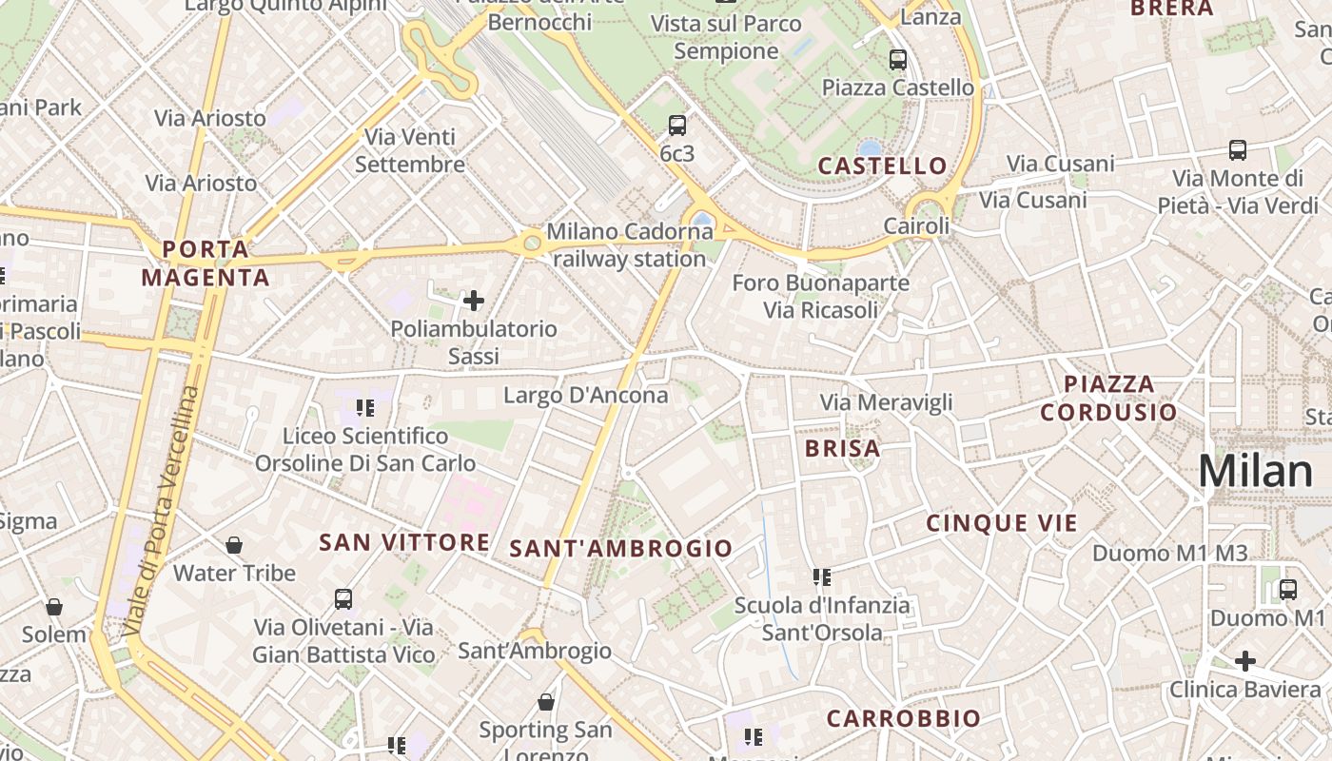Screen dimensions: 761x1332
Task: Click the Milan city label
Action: click(1255, 471)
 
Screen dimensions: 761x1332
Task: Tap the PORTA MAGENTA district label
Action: click(206, 263)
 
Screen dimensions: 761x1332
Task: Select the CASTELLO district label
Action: click(883, 166)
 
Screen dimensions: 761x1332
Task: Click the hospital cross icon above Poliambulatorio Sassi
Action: click(473, 302)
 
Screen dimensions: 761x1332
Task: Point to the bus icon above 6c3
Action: click(677, 125)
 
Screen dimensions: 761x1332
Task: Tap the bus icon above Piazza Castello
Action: click(897, 60)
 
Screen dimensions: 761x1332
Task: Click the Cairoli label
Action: click(916, 226)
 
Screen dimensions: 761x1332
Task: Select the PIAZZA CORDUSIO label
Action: click(1108, 398)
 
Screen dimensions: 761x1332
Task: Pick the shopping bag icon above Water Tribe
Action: click(234, 545)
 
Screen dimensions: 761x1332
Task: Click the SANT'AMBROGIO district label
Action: click(621, 548)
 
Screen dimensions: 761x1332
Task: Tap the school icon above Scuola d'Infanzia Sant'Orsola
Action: click(822, 576)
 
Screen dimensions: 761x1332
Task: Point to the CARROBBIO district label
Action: click(903, 718)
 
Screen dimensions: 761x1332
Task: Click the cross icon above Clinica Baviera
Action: click(1244, 660)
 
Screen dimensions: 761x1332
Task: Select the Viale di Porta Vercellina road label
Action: click(164, 512)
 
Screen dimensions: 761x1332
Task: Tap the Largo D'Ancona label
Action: click(586, 395)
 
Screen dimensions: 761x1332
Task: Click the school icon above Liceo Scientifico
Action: click(365, 408)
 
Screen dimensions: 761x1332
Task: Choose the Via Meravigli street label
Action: click(886, 402)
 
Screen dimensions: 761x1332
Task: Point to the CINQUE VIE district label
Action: click(1002, 523)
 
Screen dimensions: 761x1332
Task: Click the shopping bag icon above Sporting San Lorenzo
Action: click(546, 702)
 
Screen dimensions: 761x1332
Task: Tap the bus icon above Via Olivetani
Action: click(343, 599)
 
